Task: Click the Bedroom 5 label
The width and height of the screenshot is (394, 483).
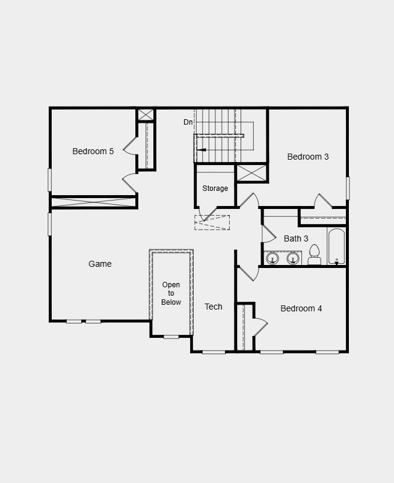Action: (93, 151)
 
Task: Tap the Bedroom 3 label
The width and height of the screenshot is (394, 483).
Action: (307, 157)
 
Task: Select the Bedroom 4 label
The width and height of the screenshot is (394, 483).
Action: (301, 308)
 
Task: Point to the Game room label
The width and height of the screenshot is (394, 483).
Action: (100, 264)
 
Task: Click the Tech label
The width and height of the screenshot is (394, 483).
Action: (213, 307)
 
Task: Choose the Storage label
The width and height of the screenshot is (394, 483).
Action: (215, 189)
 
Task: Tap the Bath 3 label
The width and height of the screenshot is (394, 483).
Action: (296, 238)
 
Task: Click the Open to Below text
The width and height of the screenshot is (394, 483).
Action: (171, 293)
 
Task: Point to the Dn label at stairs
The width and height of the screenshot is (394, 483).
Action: (188, 122)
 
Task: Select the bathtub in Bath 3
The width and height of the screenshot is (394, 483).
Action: (336, 246)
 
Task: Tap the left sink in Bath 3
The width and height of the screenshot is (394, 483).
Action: (272, 258)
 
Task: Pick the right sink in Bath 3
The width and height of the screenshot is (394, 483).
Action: (293, 258)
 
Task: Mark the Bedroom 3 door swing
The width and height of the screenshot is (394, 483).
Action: (322, 201)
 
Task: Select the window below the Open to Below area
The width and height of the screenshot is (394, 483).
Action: (171, 337)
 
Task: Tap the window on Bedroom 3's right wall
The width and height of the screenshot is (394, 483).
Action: (348, 188)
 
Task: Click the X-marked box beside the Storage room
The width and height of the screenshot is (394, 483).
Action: (251, 173)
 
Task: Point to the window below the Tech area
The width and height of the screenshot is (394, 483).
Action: (214, 352)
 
